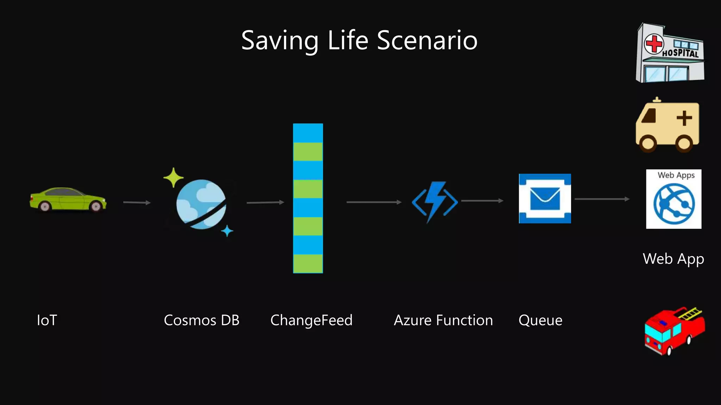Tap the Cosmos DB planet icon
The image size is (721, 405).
pos(201,204)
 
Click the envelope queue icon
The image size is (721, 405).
pos(545,199)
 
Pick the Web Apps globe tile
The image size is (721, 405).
pos(673,199)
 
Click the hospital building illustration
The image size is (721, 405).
pos(670,53)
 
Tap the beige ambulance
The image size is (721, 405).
pos(667,126)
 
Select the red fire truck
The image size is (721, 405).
pos(674,330)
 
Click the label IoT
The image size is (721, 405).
pos(47,320)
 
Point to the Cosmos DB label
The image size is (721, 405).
pos(201,320)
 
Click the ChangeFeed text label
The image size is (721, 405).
pos(311,320)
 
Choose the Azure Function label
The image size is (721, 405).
pos(443,320)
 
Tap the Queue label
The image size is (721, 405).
pos(540,320)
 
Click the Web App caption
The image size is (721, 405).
pos(673,259)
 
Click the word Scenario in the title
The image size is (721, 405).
pos(427,40)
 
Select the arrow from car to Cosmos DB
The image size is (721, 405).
pos(137,202)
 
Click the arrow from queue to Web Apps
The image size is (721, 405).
pos(602,199)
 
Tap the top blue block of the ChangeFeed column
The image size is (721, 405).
pos(308,133)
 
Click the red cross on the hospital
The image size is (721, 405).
pos(654,44)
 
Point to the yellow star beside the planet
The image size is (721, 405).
pos(173,178)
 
